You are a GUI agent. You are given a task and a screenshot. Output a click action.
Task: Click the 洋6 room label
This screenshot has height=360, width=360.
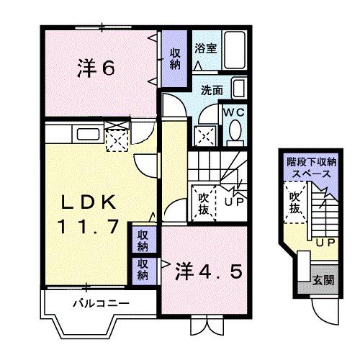pyautogui.click(x=96, y=69)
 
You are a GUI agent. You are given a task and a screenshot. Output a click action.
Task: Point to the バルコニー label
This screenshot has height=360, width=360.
pyautogui.click(x=100, y=303)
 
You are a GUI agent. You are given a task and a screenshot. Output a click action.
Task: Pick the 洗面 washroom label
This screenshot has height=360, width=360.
pyautogui.click(x=212, y=91)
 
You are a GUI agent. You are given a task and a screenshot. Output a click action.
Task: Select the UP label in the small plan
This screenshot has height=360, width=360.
pyautogui.click(x=323, y=243)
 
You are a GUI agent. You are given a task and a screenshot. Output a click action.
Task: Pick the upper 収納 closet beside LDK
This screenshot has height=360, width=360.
pyautogui.click(x=143, y=240)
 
